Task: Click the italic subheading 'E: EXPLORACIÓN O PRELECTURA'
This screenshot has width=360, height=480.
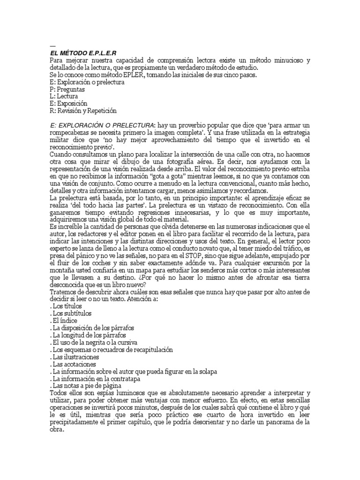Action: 101,126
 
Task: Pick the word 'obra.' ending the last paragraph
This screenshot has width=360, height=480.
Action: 57,429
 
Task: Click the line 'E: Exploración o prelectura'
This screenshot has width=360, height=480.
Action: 86,82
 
